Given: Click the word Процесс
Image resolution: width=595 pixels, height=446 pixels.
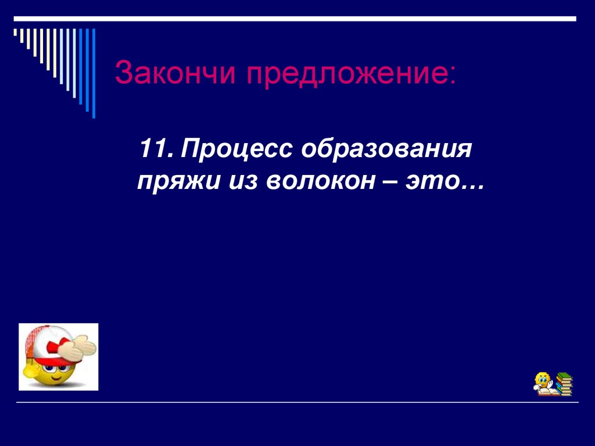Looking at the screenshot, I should (236, 152).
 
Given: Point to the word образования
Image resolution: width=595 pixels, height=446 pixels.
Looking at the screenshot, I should (385, 152).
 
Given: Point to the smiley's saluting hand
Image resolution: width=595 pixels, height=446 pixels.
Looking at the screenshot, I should (79, 348).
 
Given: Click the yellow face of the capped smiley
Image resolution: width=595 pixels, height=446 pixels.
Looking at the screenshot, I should (49, 372).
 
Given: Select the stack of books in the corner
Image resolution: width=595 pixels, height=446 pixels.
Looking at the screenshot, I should (563, 384).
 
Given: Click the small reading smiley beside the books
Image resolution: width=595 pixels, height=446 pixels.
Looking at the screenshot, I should (544, 383).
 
